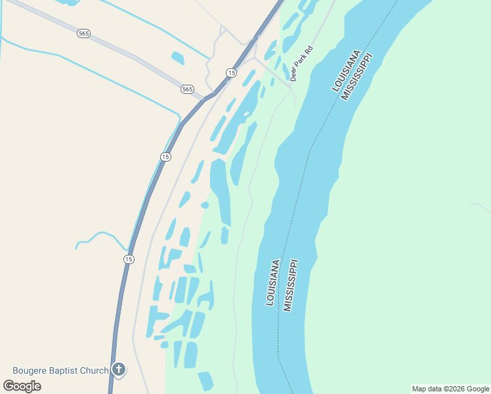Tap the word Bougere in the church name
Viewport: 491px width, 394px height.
[x=32, y=371]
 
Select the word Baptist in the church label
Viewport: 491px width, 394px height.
[x=68, y=371]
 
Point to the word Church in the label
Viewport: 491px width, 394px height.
[x=96, y=371]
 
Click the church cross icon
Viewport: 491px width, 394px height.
[x=118, y=370]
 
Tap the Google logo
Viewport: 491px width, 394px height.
[x=22, y=386]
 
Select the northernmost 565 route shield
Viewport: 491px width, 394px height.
[x=83, y=33]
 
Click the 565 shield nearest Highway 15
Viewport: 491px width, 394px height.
[x=188, y=89]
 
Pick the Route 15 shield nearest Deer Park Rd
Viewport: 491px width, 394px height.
[x=231, y=72]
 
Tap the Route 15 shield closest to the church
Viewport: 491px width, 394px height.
[x=128, y=259]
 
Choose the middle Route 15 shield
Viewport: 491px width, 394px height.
[x=165, y=156]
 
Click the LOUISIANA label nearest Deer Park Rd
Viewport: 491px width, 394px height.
[x=347, y=70]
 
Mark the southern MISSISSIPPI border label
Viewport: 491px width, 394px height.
[x=291, y=285]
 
